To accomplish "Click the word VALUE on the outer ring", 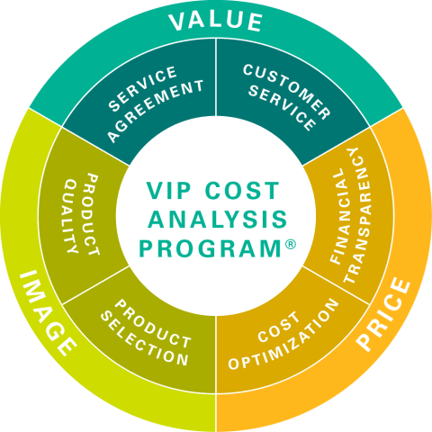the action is [x=215, y=21].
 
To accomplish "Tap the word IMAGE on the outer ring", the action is [x=48, y=313].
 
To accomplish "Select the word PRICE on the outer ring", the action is [x=384, y=314].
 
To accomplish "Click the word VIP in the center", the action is [x=168, y=191].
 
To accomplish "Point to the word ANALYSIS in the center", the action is [x=218, y=219].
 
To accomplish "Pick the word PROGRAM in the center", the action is [x=211, y=248].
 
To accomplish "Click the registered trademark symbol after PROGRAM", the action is [x=290, y=244].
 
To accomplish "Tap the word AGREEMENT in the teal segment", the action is [x=156, y=111].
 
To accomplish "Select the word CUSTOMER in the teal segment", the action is [x=287, y=91].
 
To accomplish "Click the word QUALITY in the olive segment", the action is [x=71, y=216].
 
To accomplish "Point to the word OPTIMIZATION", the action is [x=283, y=334].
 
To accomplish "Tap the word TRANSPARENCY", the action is [x=357, y=215].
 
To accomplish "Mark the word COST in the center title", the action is [x=242, y=191].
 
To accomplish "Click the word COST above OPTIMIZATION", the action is [x=279, y=327].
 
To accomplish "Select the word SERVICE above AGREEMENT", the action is [x=142, y=88].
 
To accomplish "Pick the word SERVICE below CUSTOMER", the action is [x=283, y=109].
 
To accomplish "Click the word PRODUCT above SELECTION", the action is [x=153, y=324].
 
